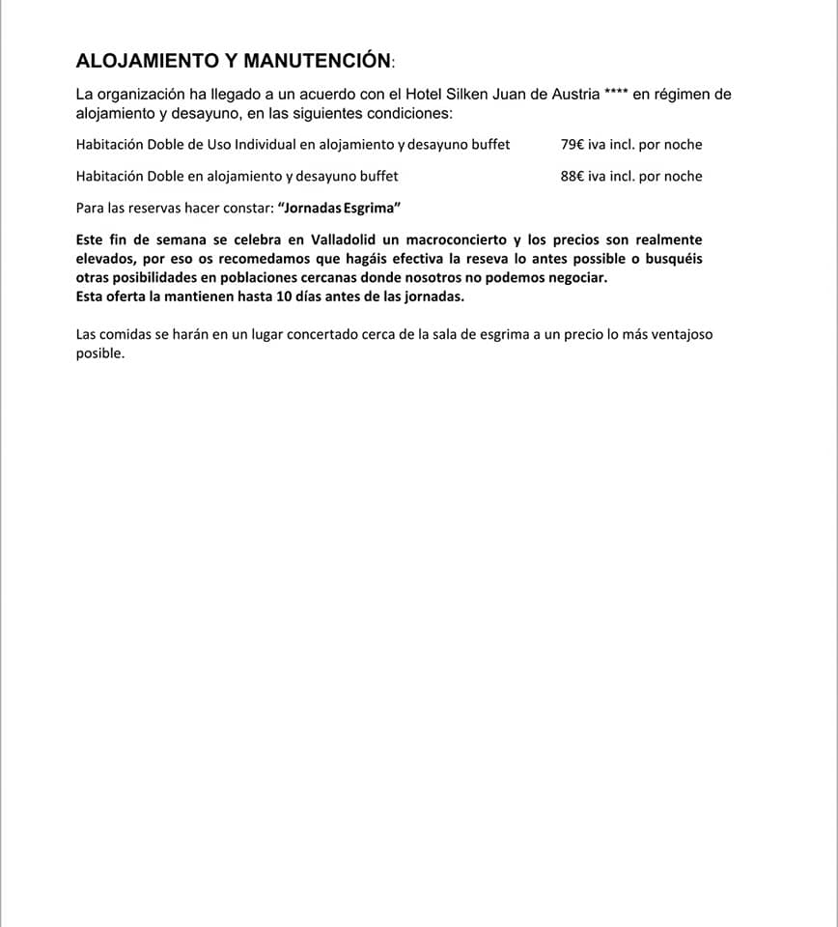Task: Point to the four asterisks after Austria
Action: pos(616,94)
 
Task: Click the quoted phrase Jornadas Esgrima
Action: pos(339,208)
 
